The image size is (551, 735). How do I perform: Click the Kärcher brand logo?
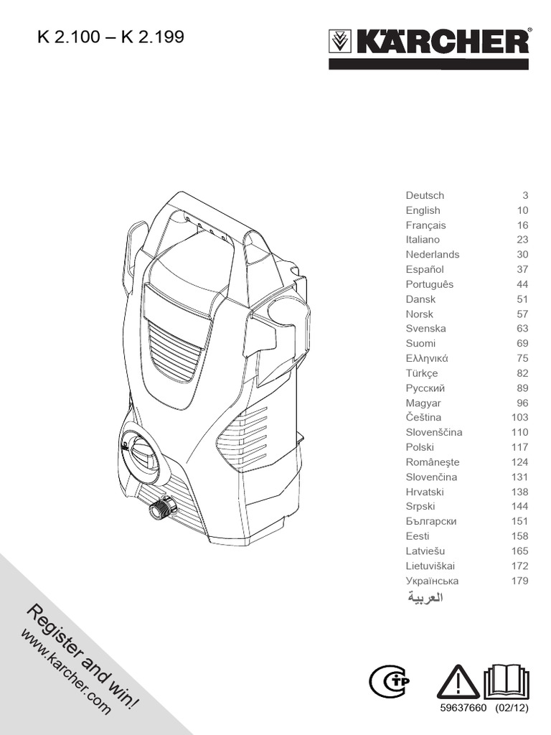coord(430,42)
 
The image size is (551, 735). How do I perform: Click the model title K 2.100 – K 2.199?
coord(110,36)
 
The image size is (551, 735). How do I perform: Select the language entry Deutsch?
coord(425,195)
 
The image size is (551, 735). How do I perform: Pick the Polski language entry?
coord(420,447)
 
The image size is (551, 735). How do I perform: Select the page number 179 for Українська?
coord(519,581)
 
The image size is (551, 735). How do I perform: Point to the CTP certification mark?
coord(390,683)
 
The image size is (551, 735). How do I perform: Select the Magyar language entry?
coord(423,403)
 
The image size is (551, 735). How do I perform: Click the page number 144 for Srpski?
coord(519,506)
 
